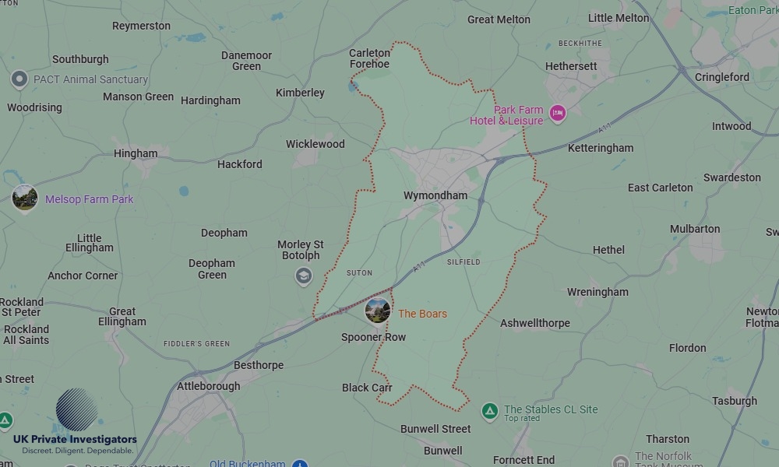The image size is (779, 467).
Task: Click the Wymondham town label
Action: tap(435, 195)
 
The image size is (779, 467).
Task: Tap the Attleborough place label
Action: tap(209, 386)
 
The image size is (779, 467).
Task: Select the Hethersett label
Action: tap(571, 66)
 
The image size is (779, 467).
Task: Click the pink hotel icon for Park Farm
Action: tap(557, 114)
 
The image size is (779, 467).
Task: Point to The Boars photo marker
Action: tap(378, 311)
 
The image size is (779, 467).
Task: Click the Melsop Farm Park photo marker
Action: tap(25, 198)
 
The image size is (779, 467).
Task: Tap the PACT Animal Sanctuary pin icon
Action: tap(19, 79)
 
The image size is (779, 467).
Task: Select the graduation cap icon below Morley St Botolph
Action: tap(303, 276)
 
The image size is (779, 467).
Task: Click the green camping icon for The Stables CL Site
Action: tap(489, 410)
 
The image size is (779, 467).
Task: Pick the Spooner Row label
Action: tap(373, 337)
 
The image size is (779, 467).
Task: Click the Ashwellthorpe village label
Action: tap(535, 323)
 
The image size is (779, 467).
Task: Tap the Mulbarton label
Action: tap(695, 229)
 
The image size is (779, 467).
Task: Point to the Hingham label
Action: tap(136, 153)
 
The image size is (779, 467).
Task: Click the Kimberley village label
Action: tap(300, 93)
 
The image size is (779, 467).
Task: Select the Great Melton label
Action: tap(499, 19)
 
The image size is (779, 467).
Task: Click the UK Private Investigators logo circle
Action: tap(76, 409)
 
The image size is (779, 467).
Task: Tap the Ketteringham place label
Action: tap(601, 148)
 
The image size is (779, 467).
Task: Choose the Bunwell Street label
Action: tap(435, 429)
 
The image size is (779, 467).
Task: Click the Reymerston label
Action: tap(141, 26)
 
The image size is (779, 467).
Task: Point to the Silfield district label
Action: tap(464, 262)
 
